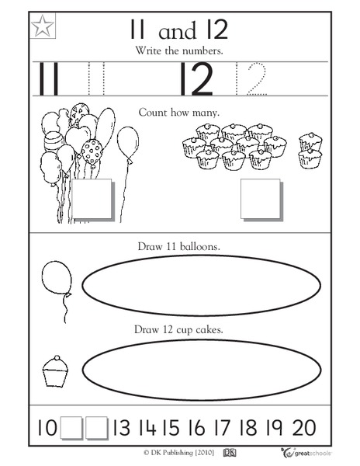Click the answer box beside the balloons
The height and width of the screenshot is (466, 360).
pos(92,200)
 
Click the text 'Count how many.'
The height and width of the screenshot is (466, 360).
pos(179,113)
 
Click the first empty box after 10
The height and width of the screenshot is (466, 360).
pos(71,427)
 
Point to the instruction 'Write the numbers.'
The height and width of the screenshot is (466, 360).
pos(178,50)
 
